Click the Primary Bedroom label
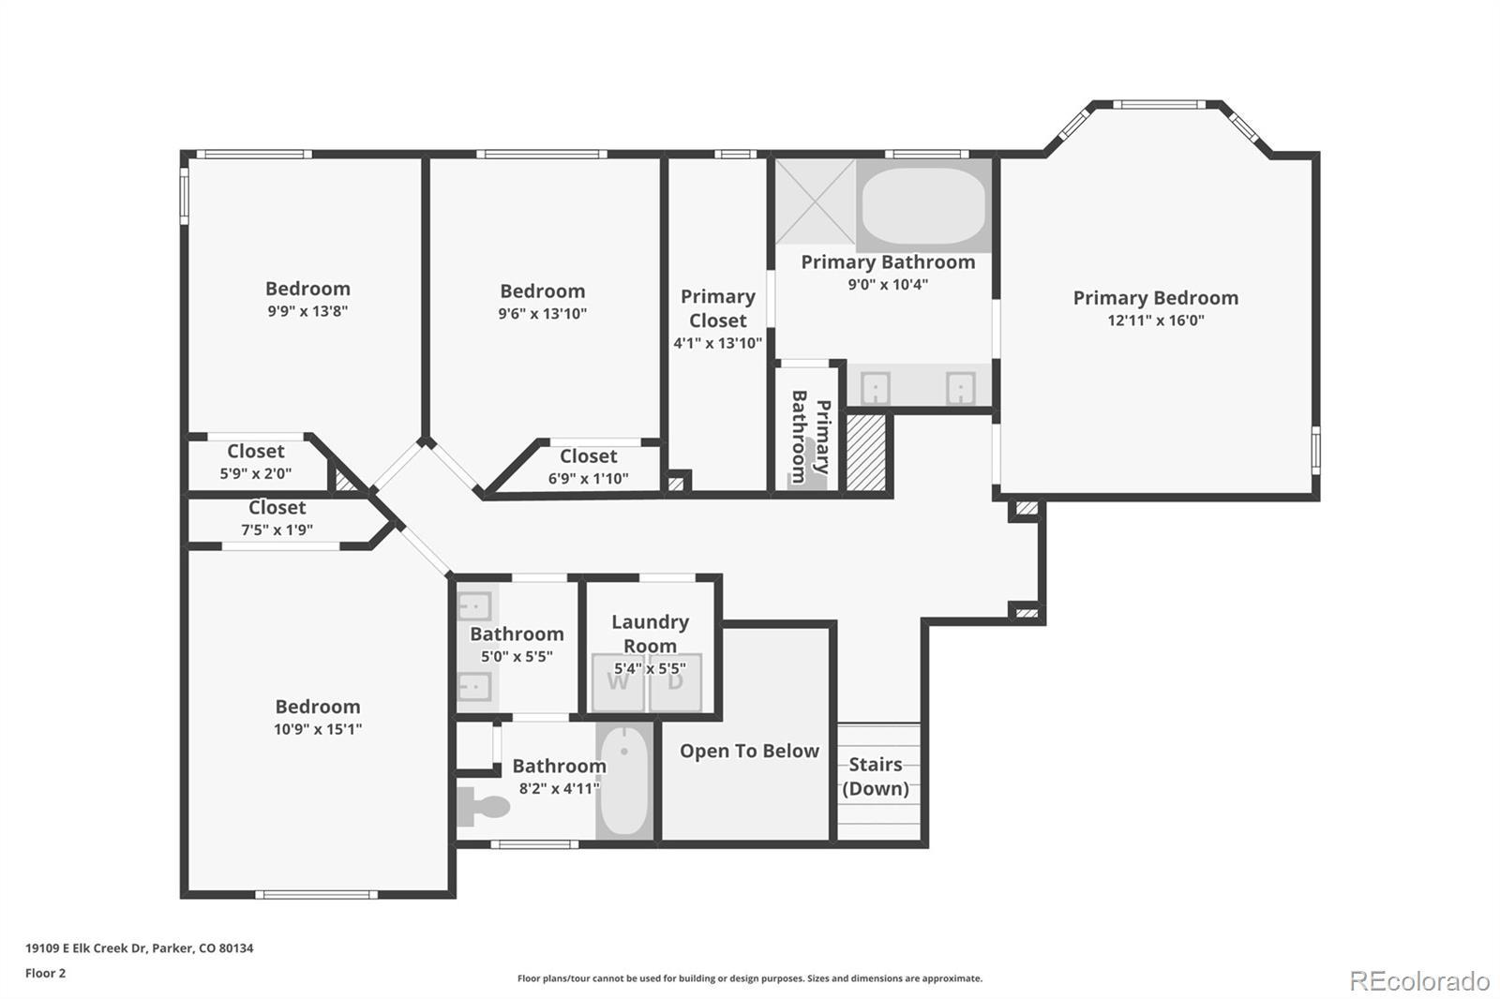click(1156, 298)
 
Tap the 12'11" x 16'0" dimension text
click(1156, 321)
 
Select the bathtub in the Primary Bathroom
click(923, 205)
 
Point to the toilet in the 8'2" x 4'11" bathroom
click(484, 806)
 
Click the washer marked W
click(618, 682)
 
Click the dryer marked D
click(675, 682)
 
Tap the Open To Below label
click(749, 752)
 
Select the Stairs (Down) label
click(876, 777)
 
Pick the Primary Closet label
click(718, 308)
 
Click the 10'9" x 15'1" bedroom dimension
click(318, 729)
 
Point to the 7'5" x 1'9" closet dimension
click(277, 530)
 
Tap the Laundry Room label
click(651, 634)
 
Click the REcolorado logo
click(1419, 981)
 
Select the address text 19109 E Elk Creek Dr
click(85, 948)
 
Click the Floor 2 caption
click(46, 974)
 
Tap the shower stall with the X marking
click(815, 201)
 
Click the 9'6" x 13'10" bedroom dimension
click(543, 313)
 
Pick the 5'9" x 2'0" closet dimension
click(256, 474)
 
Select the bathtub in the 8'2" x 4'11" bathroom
click(624, 781)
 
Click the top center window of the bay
click(1159, 104)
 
